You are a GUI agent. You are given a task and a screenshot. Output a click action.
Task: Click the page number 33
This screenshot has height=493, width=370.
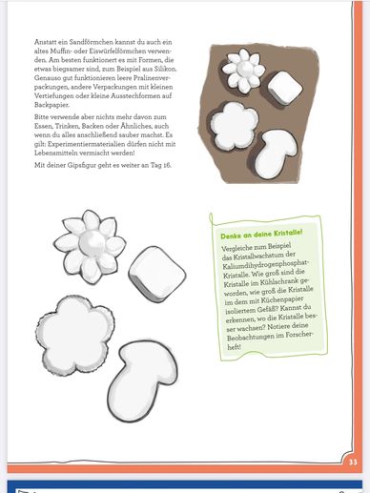pyautogui.click(x=352, y=460)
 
